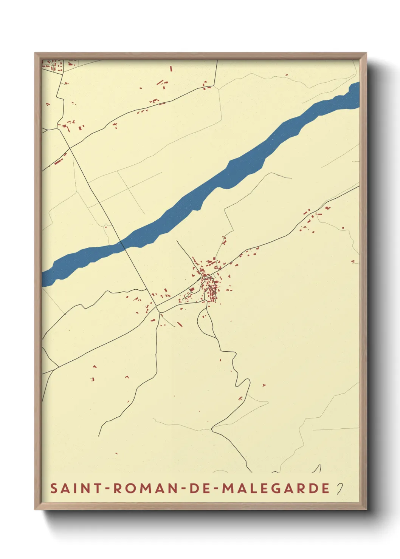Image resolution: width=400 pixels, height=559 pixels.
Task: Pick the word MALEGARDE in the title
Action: pos(276,488)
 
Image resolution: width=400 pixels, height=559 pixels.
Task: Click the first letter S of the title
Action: pos(54,488)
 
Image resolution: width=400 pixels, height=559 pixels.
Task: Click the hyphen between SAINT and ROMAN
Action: pos(107,489)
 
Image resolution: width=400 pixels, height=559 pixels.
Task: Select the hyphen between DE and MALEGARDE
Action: pos(216,489)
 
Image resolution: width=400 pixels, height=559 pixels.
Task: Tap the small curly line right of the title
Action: pos(340,489)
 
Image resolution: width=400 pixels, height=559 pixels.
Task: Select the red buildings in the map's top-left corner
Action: pos(57,66)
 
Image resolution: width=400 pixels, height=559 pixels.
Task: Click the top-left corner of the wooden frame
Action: pos(36,54)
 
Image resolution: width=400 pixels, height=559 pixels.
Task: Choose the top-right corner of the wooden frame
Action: pos(366,54)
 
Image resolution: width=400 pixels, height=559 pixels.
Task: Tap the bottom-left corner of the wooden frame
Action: pos(36,509)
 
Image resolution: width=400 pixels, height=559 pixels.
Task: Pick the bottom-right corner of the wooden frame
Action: pos(366,509)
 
